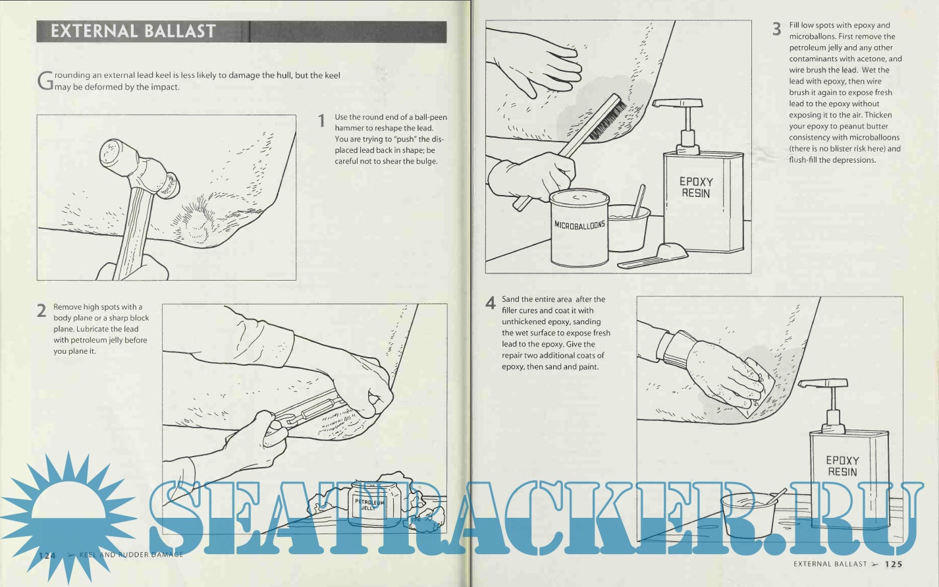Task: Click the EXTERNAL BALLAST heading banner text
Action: click(133, 32)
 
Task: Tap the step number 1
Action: click(321, 121)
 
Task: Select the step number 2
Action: click(41, 311)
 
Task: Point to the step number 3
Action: click(776, 29)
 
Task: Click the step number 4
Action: click(491, 302)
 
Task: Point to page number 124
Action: click(47, 555)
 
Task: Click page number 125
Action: click(894, 565)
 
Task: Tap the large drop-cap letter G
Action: click(45, 81)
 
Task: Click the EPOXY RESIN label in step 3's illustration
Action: click(696, 187)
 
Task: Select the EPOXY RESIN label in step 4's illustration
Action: click(843, 466)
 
